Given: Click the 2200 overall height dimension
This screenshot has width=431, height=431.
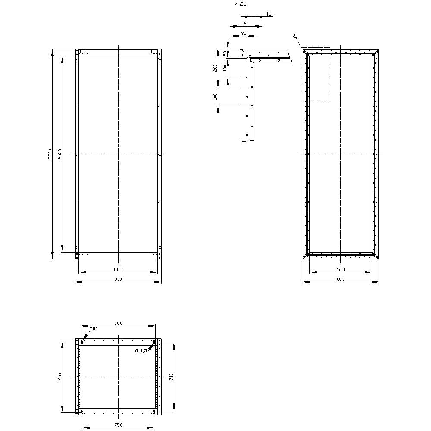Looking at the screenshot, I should [x=50, y=154].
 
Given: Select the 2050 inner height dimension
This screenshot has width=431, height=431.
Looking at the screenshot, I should [x=60, y=154].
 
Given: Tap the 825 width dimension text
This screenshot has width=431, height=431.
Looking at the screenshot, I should [x=118, y=269].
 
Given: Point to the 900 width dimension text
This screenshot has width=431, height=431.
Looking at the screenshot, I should [x=118, y=279].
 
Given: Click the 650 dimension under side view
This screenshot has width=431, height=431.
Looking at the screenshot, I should [x=340, y=269].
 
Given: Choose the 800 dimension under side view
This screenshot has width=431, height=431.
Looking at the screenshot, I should [x=340, y=279].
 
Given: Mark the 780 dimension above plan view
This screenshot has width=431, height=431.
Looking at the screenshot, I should [x=118, y=323].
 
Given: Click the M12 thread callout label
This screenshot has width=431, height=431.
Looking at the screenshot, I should [x=93, y=329].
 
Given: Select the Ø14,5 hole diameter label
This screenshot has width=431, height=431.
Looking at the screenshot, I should [x=141, y=351].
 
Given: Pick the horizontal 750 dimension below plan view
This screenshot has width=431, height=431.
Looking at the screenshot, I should [x=118, y=425].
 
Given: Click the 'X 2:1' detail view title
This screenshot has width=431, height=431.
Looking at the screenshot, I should [x=240, y=3].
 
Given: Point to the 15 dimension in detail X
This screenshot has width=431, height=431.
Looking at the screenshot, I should [x=269, y=14].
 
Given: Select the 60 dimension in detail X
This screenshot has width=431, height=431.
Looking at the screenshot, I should [x=246, y=24].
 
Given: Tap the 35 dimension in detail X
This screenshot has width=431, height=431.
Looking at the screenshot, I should [x=244, y=33].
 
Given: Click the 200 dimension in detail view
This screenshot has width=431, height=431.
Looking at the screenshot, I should [x=215, y=68].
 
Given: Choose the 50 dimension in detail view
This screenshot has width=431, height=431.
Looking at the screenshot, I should [x=225, y=53].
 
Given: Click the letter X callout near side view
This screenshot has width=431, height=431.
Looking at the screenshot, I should [x=294, y=34].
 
